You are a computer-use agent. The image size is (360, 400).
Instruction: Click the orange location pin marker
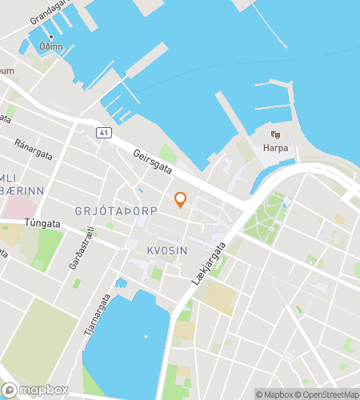pos(180,200)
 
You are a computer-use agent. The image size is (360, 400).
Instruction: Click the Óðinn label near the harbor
pos(51,47)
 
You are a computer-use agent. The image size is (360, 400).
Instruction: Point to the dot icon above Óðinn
pos(51,37)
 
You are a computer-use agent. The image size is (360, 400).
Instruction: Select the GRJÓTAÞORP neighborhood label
pos(116,210)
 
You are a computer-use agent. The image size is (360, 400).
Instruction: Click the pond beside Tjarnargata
pos(124,336)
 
